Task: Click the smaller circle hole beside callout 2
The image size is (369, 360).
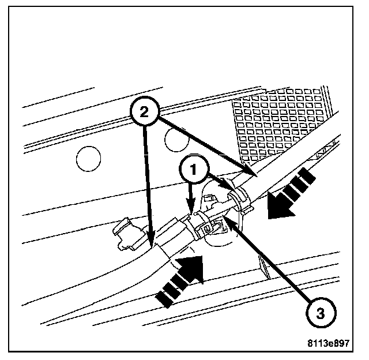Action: point(176,138)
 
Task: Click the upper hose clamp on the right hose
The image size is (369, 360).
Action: point(238,199)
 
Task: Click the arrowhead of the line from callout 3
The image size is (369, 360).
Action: point(227,217)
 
